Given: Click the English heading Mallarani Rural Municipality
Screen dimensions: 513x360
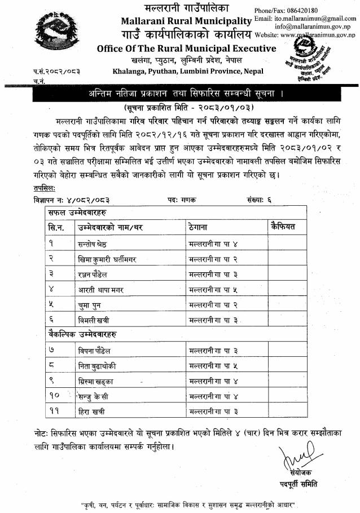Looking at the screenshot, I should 186,21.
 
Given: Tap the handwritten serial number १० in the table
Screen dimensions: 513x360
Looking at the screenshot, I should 55,396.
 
